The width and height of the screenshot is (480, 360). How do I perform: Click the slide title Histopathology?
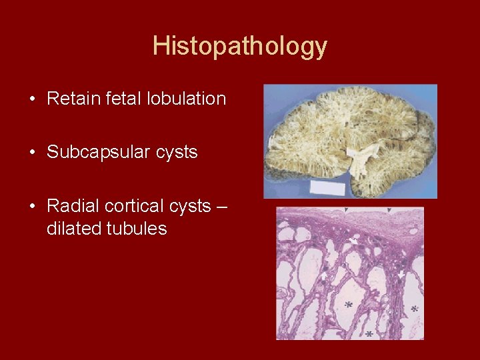[240, 46]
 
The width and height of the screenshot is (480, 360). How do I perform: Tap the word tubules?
[137, 229]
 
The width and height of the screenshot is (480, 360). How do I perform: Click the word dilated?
[73, 229]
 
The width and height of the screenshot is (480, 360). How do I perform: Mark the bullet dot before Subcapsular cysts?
[32, 153]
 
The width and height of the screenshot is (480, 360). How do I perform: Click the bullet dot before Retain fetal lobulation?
[32, 99]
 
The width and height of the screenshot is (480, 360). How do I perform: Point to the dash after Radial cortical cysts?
[222, 206]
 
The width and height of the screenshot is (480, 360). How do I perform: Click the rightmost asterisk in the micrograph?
[415, 309]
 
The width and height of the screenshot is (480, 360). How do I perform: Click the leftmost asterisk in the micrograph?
[347, 305]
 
